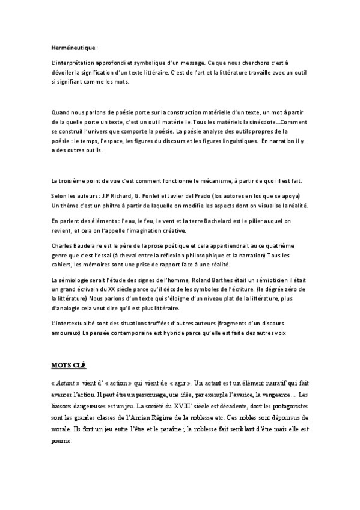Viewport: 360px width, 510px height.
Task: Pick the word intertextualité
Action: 79,324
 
